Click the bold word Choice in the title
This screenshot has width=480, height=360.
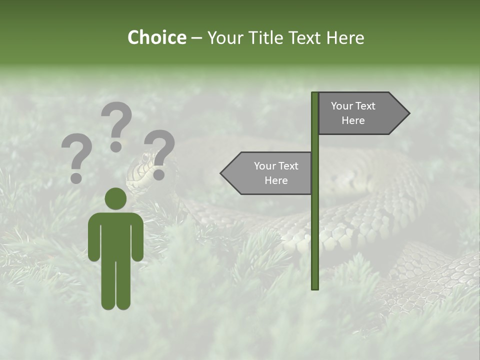[156, 38]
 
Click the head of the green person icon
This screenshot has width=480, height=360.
[115, 198]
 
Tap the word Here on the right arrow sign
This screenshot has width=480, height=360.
[353, 120]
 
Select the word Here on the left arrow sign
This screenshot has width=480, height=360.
[276, 180]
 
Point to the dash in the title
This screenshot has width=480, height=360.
[196, 38]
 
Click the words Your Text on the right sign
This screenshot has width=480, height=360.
[353, 106]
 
